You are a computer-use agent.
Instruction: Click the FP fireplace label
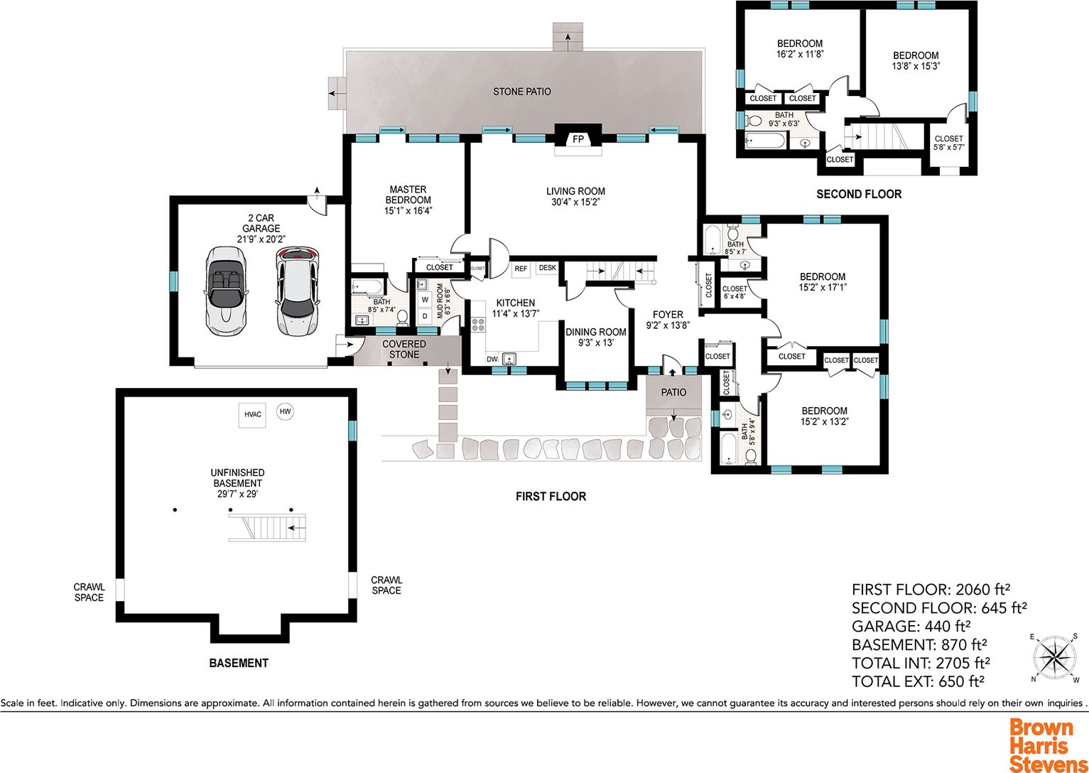coord(578,139)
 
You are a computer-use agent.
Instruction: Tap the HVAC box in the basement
coord(252,414)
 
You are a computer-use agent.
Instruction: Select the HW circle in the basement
coord(285,411)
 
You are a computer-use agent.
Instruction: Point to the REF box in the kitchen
coord(521,269)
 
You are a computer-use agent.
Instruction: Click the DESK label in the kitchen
coord(548,267)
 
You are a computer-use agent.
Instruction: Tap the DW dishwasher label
coord(492,360)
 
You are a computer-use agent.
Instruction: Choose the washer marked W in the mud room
coord(425,298)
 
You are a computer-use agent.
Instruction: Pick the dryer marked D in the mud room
coord(425,316)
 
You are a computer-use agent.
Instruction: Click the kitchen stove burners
coord(478,324)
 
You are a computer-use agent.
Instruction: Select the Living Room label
coord(575,196)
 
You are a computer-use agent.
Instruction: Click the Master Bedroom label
coord(408,200)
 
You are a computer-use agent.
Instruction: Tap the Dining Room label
coord(595,337)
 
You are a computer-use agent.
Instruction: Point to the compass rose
coord(1054,658)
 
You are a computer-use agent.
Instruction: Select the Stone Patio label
coord(522,92)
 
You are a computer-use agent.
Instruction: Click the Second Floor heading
coord(859,195)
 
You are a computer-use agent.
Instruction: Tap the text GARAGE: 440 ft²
coord(911,626)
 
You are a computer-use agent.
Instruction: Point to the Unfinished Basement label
coord(238,483)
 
